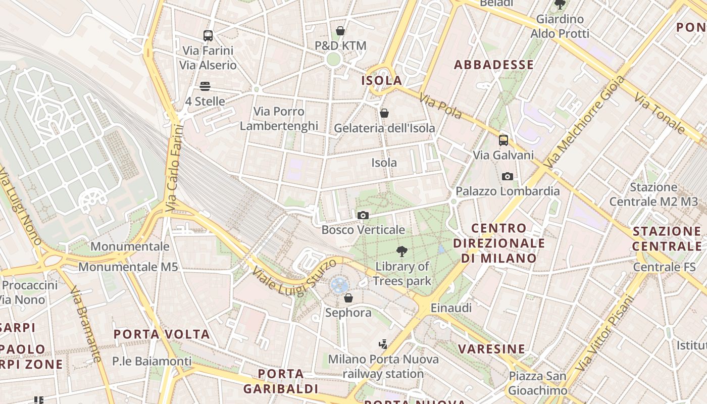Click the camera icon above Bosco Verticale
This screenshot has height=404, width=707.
(363, 216)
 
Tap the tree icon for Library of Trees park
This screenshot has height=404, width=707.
(402, 251)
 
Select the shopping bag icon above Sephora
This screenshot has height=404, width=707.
(348, 298)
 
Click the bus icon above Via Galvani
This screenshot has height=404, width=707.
(503, 140)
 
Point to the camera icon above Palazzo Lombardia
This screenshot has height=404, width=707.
(508, 176)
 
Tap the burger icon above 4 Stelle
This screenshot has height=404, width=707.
(205, 86)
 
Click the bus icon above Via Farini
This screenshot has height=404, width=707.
(208, 35)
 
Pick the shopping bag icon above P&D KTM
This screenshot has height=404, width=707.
(340, 31)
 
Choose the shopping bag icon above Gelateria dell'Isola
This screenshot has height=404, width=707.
(384, 113)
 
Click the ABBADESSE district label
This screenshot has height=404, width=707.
(493, 65)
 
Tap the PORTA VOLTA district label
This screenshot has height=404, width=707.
(162, 334)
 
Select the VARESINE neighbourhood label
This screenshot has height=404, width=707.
(491, 349)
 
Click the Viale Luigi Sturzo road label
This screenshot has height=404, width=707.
(295, 277)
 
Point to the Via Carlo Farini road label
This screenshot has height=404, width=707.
(173, 169)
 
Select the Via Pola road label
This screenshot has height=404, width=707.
(440, 106)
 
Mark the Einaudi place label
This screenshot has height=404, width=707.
(451, 308)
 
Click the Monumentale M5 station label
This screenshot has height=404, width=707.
(128, 267)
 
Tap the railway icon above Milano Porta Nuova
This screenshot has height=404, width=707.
(383, 344)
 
